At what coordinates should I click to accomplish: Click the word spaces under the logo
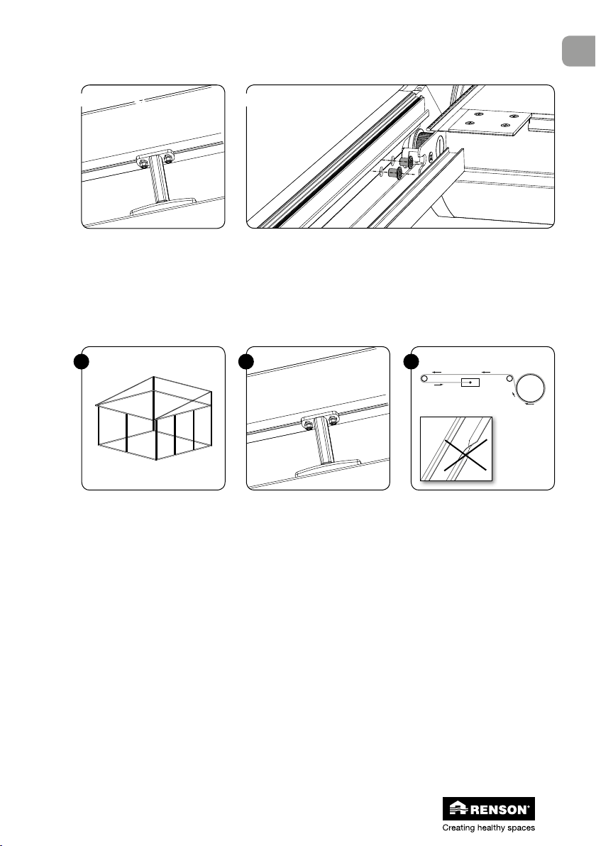tap(519, 827)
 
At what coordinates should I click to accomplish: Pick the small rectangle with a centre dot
tap(470, 382)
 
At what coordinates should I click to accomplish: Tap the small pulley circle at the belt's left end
tap(424, 378)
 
